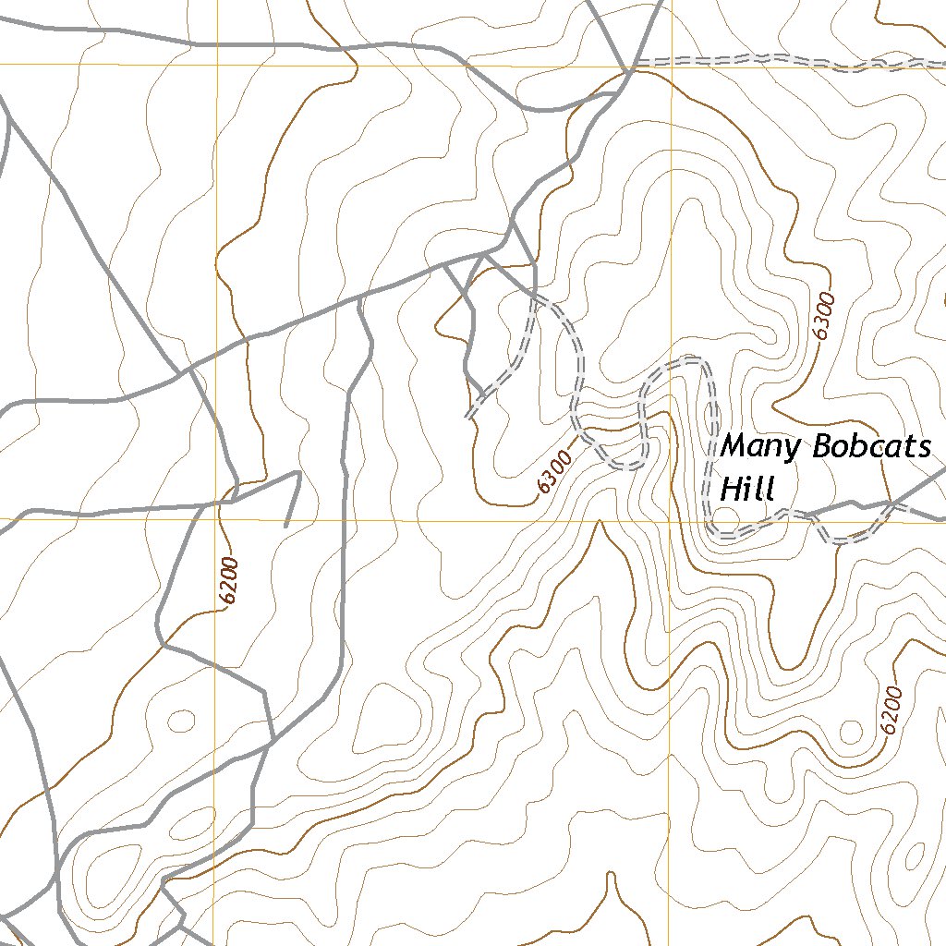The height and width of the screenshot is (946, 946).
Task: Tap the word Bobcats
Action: (x=872, y=448)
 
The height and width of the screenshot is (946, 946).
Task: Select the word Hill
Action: (x=746, y=489)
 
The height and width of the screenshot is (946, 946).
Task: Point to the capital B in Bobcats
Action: (x=824, y=448)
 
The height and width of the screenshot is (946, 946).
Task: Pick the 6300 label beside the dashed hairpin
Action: (x=554, y=468)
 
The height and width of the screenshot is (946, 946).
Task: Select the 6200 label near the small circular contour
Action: (x=890, y=709)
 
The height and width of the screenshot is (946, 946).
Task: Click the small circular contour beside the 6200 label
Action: (x=850, y=734)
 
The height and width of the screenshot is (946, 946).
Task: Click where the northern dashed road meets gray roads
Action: (x=628, y=68)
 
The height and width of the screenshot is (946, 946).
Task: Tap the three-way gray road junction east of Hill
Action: (x=890, y=504)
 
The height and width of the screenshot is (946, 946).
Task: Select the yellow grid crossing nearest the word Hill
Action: (x=669, y=519)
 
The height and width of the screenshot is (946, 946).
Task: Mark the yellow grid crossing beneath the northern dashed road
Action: (x=669, y=65)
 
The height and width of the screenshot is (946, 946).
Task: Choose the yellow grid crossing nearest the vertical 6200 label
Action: (x=216, y=519)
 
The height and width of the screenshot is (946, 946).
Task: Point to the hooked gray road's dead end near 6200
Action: (x=286, y=526)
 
